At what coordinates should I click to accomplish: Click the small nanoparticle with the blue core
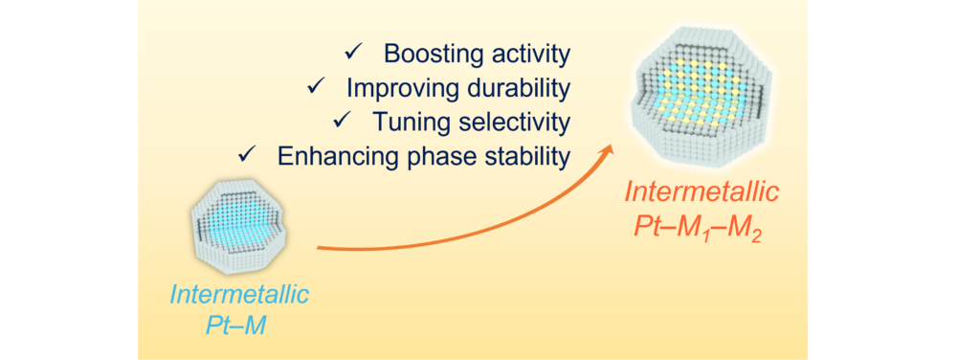(238, 224)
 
